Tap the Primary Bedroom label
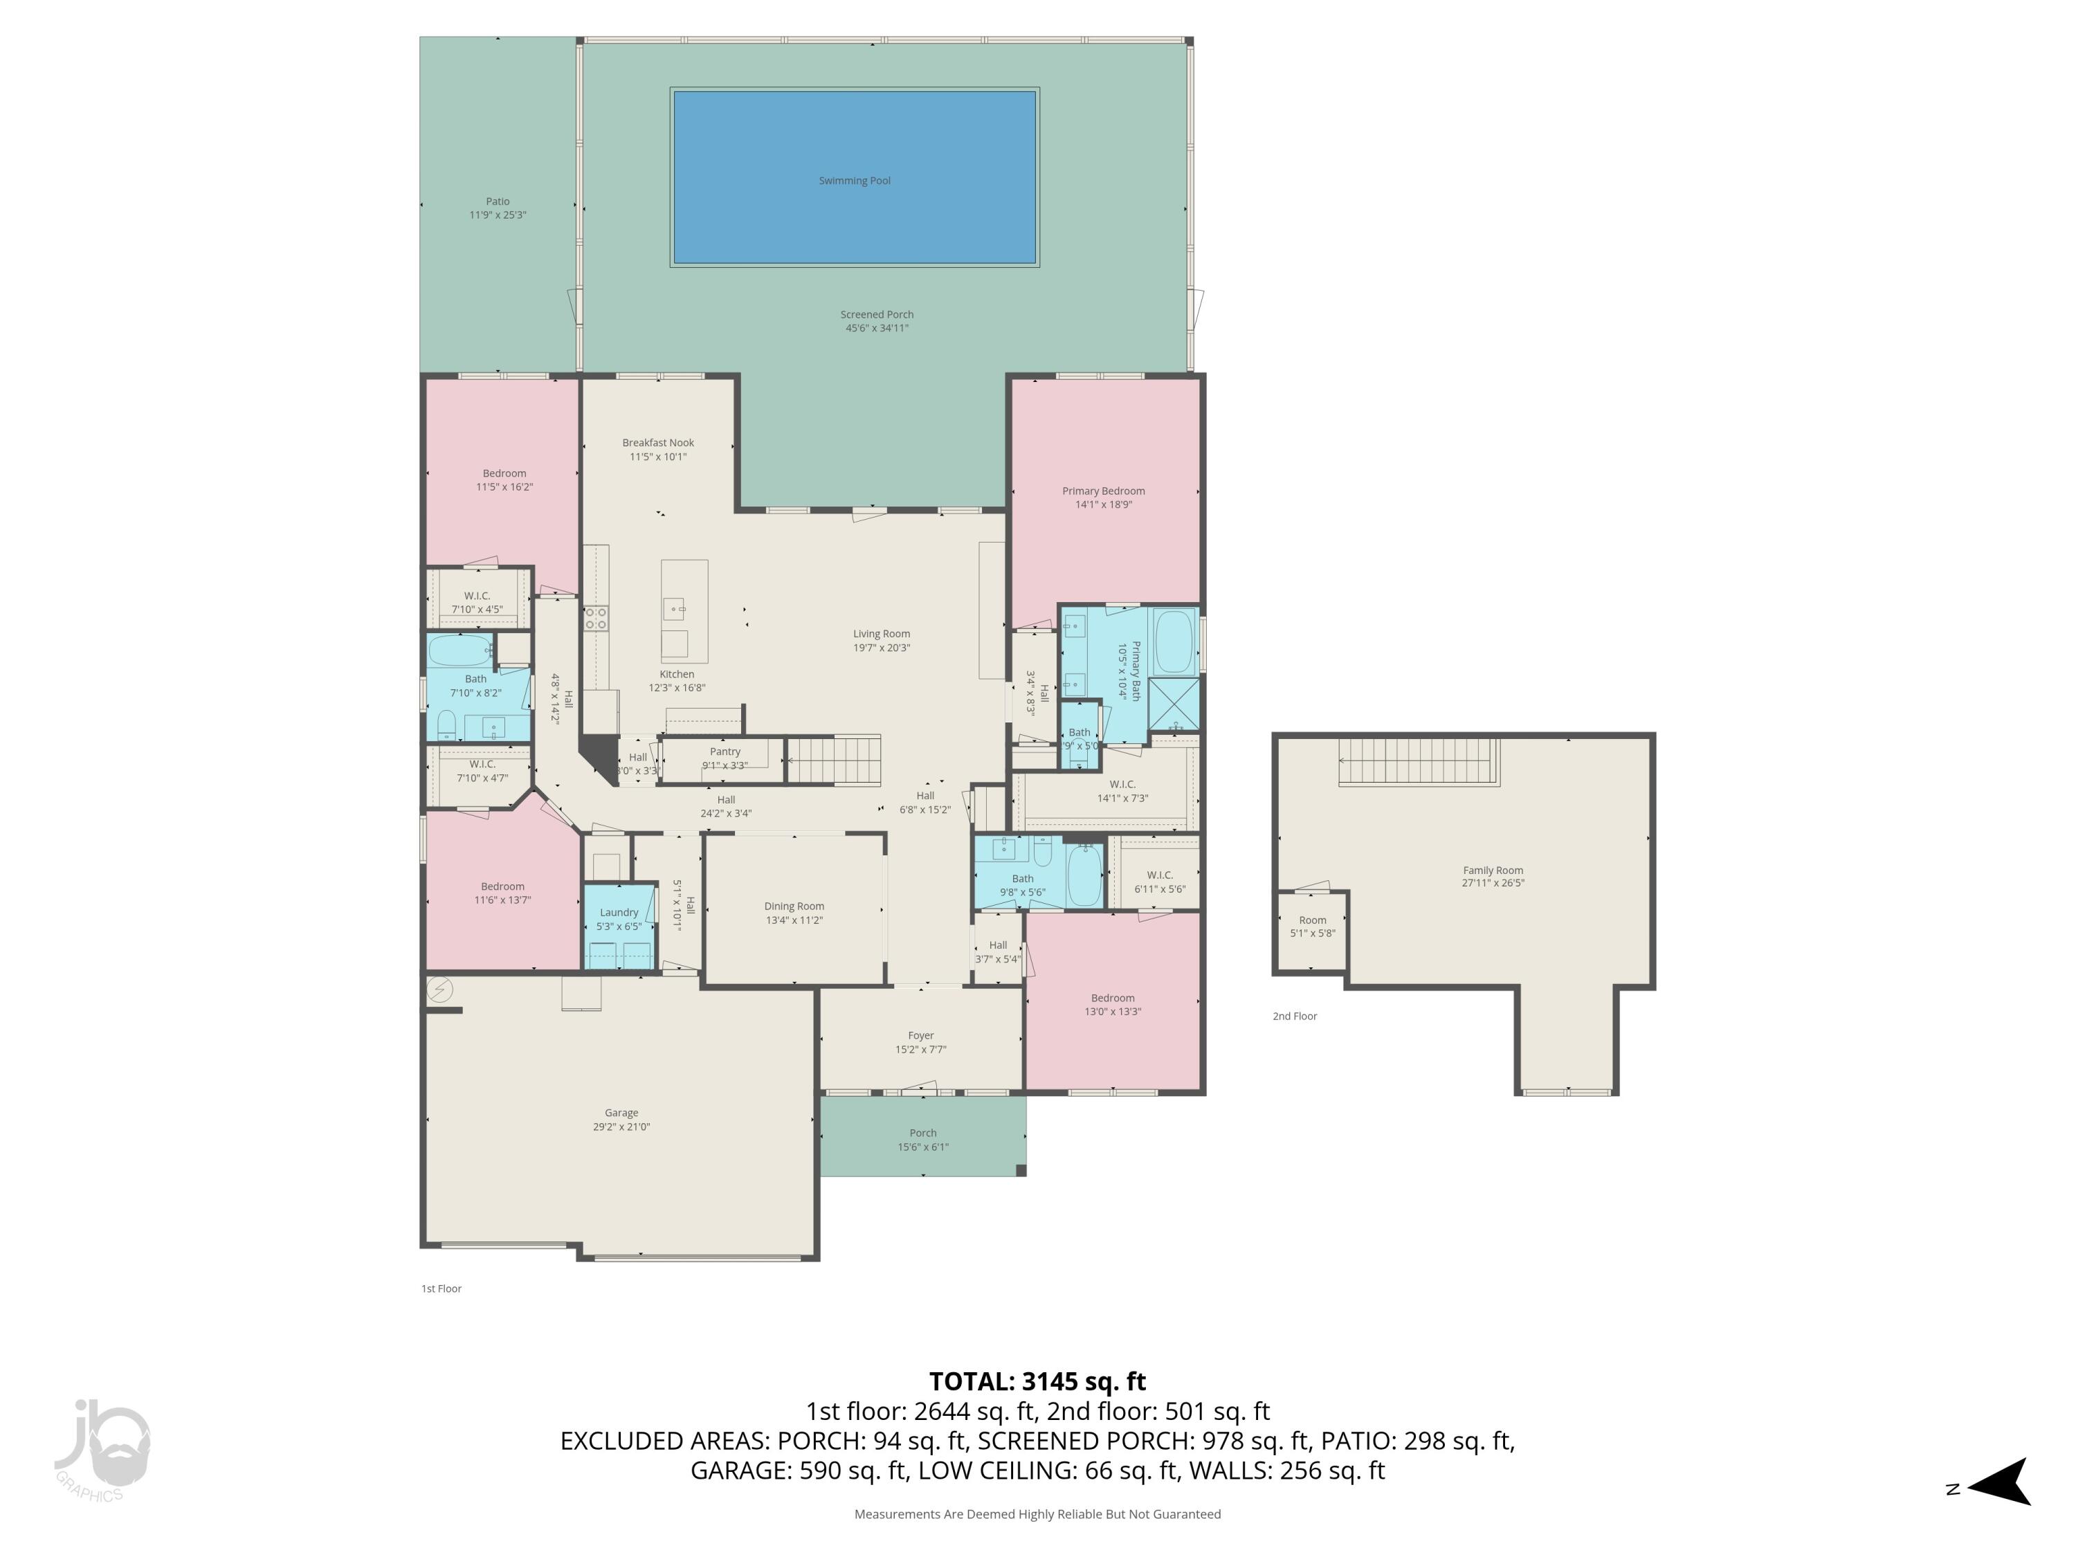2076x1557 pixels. click(1103, 491)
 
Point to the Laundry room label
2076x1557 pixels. click(619, 912)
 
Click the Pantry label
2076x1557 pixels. click(725, 752)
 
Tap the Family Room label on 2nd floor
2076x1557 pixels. click(1492, 870)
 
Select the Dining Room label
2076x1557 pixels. click(794, 907)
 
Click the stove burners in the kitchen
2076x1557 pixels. click(596, 617)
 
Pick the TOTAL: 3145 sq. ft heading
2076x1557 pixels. click(1037, 1381)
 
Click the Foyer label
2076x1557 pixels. click(920, 1036)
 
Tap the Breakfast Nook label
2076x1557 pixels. click(658, 443)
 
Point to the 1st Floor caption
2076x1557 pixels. click(441, 1289)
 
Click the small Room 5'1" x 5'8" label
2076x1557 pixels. click(1312, 920)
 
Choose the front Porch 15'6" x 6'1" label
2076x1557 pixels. click(922, 1133)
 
